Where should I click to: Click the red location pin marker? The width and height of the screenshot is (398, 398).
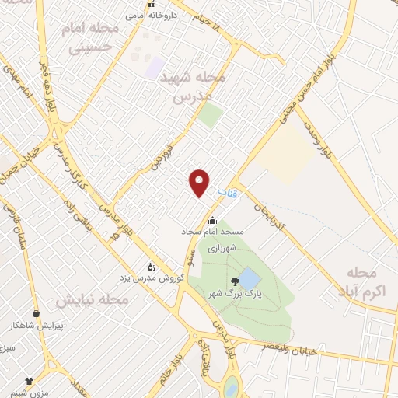pyautogui.click(x=200, y=182)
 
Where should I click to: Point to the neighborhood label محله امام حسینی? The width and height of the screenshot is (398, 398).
pyautogui.click(x=86, y=38)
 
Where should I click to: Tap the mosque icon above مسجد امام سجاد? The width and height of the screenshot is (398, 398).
pyautogui.click(x=212, y=220)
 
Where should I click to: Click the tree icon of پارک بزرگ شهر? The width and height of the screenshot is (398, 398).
pyautogui.click(x=235, y=281)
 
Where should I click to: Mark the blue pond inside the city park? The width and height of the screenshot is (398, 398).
pyautogui.click(x=250, y=278)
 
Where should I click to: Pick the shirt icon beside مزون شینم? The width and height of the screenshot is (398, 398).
pyautogui.click(x=30, y=381)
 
